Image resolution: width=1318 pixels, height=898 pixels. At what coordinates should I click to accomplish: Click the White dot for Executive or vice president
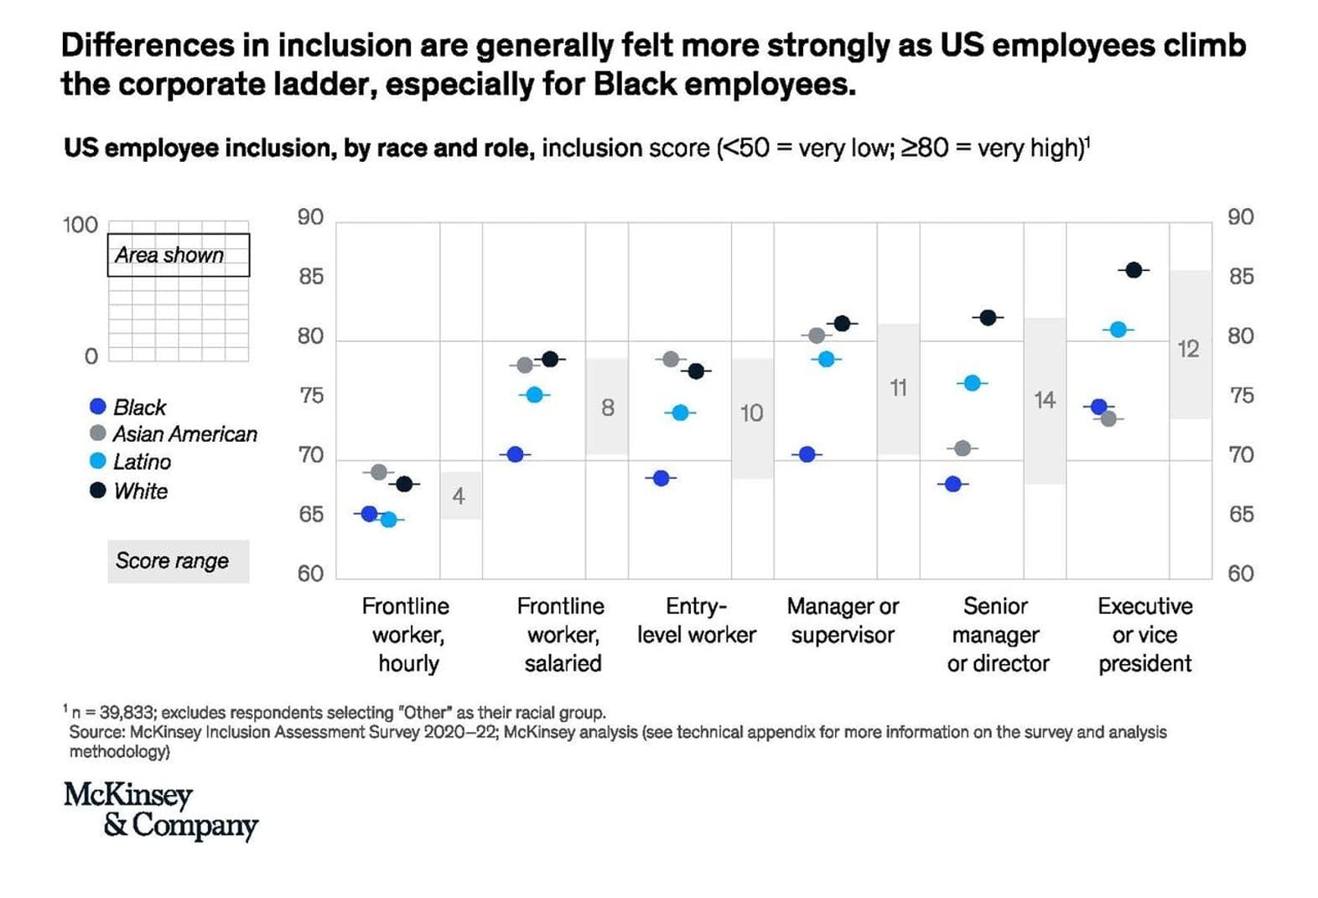tap(1134, 270)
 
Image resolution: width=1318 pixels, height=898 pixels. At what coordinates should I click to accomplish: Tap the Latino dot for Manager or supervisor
tap(827, 359)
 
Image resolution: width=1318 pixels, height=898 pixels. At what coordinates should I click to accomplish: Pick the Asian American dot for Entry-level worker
tap(671, 359)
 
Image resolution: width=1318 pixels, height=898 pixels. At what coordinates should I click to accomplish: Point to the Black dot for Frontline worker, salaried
tap(516, 454)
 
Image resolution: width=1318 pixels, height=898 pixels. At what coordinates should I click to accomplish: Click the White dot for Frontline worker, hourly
tap(404, 484)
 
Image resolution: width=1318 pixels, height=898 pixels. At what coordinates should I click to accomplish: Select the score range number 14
tap(1044, 400)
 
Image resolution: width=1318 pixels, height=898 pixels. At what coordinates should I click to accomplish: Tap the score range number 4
tap(459, 496)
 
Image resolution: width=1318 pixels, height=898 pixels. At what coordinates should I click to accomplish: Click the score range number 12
tap(1188, 349)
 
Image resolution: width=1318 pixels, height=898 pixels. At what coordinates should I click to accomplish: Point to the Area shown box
tap(178, 255)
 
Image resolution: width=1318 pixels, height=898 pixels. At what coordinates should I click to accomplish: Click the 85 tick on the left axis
tap(311, 277)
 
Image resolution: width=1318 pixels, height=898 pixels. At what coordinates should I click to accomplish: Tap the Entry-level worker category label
tap(696, 620)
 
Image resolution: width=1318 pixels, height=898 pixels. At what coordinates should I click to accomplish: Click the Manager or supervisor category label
tap(843, 620)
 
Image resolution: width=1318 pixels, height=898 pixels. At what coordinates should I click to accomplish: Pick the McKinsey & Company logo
tap(160, 809)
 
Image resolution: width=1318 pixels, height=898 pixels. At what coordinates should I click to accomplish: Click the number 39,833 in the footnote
tap(127, 713)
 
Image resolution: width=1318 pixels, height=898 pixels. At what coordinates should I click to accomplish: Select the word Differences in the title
tap(147, 45)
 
